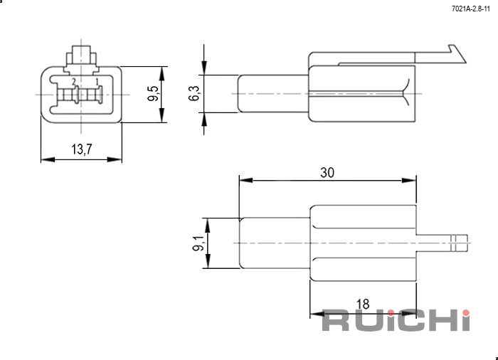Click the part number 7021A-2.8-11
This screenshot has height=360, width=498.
(x=471, y=9)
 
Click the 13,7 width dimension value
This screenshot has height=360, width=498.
(x=82, y=149)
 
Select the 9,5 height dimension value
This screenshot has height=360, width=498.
(x=153, y=93)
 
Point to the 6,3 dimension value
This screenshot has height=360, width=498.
(x=194, y=93)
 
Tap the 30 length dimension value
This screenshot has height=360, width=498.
(x=327, y=173)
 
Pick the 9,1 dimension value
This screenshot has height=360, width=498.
(x=198, y=243)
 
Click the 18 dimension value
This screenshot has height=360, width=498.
(x=363, y=304)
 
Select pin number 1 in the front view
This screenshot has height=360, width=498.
(x=97, y=82)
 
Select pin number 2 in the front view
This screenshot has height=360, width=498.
(x=74, y=82)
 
